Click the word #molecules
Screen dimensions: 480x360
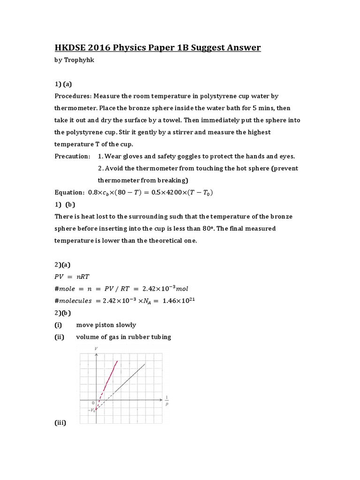(x=74, y=300)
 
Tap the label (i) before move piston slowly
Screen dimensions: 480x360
(x=58, y=324)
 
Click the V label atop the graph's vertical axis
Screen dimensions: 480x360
(x=96, y=348)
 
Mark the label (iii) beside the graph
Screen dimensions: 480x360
(x=60, y=423)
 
